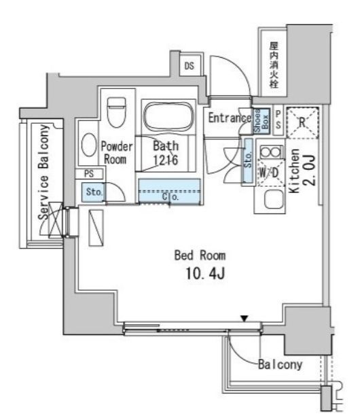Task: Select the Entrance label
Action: (x=229, y=118)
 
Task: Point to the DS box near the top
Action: (x=190, y=66)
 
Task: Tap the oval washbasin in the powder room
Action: (x=88, y=144)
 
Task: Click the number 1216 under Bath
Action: (x=166, y=160)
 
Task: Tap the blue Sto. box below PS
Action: (x=94, y=192)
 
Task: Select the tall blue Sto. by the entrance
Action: (x=248, y=161)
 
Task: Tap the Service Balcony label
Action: (x=43, y=170)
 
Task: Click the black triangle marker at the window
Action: (x=243, y=317)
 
